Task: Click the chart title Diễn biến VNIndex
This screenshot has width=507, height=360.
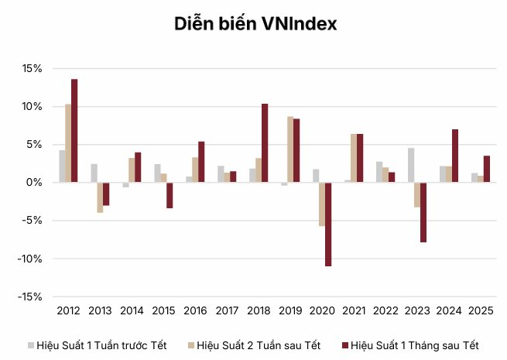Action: pos(254,25)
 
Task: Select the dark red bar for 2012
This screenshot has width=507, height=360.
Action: pos(74,131)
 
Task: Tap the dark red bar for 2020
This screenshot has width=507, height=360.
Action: pos(328,224)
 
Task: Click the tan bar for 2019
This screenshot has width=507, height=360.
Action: pos(290,149)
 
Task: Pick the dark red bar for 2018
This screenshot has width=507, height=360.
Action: pos(265,143)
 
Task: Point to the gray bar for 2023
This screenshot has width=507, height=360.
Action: pos(411,165)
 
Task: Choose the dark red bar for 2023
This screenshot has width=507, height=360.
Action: pos(423,212)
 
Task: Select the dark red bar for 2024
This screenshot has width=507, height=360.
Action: pos(455,156)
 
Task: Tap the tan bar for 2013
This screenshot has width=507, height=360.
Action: pos(100,197)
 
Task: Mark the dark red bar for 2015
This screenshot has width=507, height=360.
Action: pos(170,195)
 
